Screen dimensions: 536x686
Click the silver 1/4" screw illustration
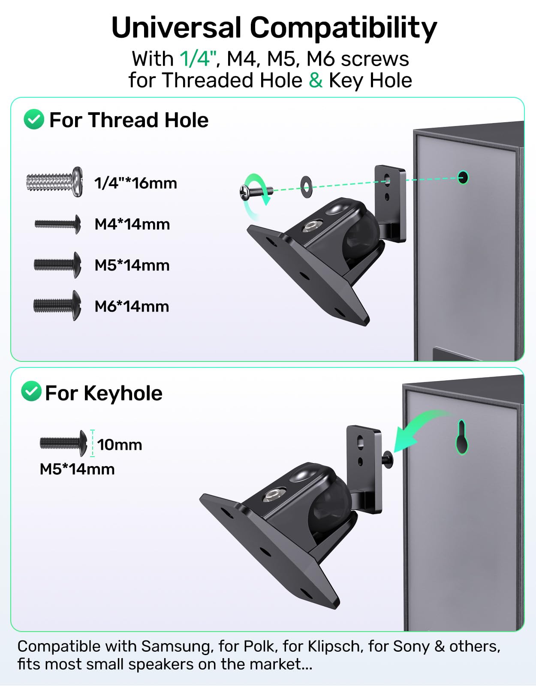pyautogui.click(x=54, y=182)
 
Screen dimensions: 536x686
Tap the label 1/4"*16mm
pyautogui.click(x=136, y=183)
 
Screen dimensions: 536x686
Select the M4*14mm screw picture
pyautogui.click(x=57, y=224)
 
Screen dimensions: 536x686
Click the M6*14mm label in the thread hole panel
pyautogui.click(x=132, y=306)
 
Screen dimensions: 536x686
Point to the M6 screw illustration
pyautogui.click(x=57, y=306)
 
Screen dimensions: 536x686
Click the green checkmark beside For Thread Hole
pyautogui.click(x=34, y=119)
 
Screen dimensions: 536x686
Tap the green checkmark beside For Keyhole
pyautogui.click(x=31, y=391)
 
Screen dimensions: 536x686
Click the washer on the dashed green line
pyautogui.click(x=306, y=187)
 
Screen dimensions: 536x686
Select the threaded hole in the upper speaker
pyautogui.click(x=463, y=178)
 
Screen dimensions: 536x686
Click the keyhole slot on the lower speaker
pyautogui.click(x=462, y=437)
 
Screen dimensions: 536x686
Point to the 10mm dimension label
pyautogui.click(x=119, y=445)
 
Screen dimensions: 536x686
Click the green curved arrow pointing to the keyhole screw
pyautogui.click(x=417, y=428)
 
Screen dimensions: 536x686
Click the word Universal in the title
pyautogui.click(x=176, y=28)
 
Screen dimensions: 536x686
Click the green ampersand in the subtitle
pyautogui.click(x=316, y=80)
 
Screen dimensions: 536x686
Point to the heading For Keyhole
pyautogui.click(x=103, y=393)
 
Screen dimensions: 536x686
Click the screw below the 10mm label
pyautogui.click(x=63, y=443)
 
